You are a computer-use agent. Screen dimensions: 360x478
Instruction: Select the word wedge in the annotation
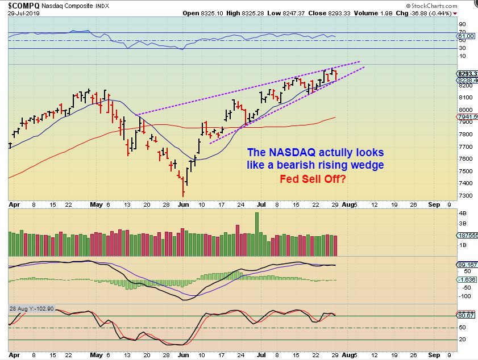[369, 165]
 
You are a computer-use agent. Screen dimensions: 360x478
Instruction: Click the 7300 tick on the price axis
[465, 195]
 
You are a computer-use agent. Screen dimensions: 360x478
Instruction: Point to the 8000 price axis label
[465, 110]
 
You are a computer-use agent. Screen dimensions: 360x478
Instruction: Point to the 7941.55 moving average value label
[467, 117]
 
